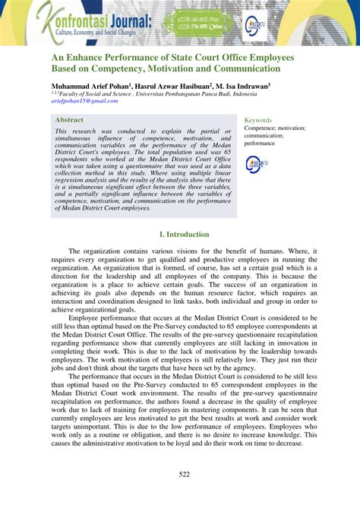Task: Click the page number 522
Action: point(180,476)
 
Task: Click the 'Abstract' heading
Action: point(70,119)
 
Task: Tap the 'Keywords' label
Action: point(258,120)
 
